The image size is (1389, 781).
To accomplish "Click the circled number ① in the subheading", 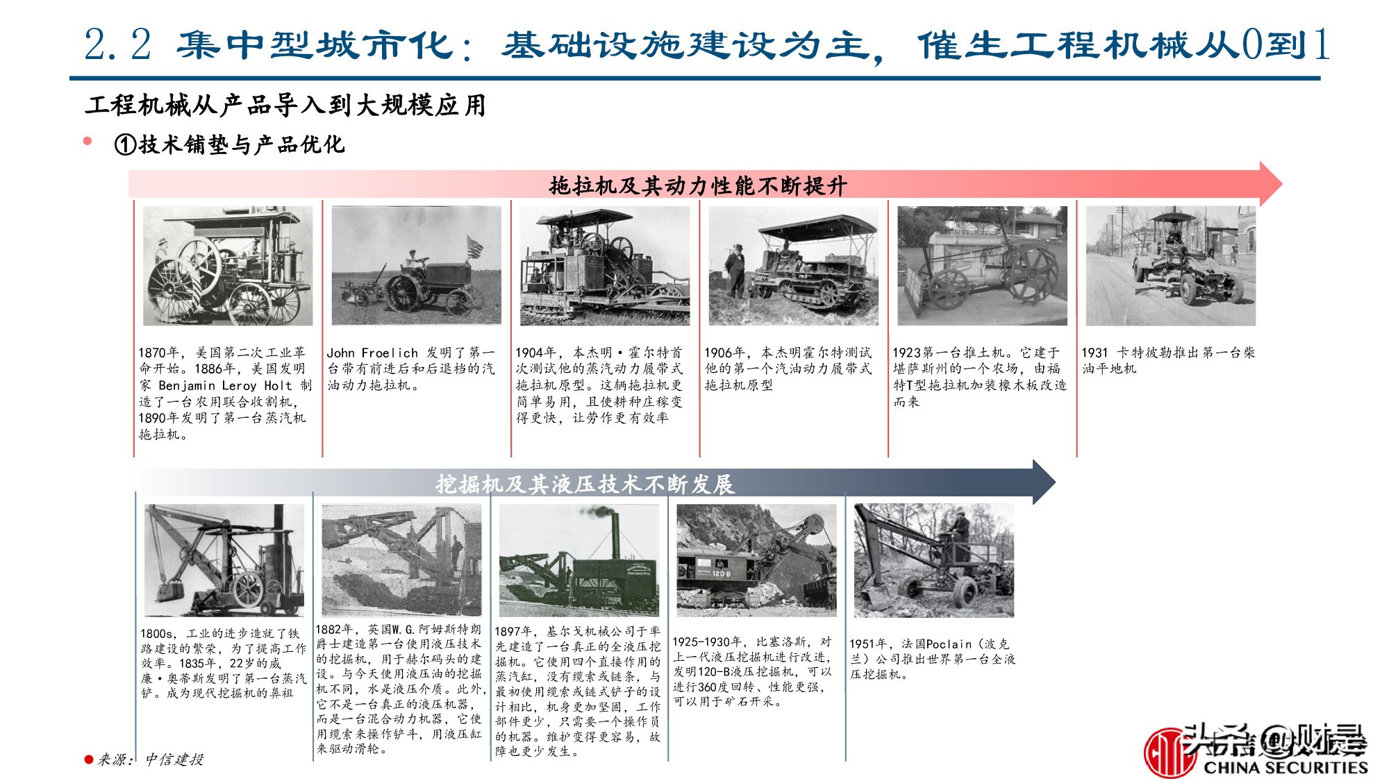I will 125,145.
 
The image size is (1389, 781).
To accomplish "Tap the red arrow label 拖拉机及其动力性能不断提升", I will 697,186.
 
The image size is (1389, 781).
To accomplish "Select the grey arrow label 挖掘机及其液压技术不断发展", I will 585,484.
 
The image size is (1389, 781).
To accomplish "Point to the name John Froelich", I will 372,353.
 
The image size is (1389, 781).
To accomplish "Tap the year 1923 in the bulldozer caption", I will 907,353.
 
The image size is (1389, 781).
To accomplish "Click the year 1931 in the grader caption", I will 1095,353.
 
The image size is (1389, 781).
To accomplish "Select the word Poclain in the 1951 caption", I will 949,644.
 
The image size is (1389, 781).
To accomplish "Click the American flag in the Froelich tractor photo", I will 475,246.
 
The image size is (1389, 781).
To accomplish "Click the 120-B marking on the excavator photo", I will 720,574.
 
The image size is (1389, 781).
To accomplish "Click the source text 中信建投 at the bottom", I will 174,759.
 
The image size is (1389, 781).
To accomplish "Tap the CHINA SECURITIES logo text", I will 1285,767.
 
